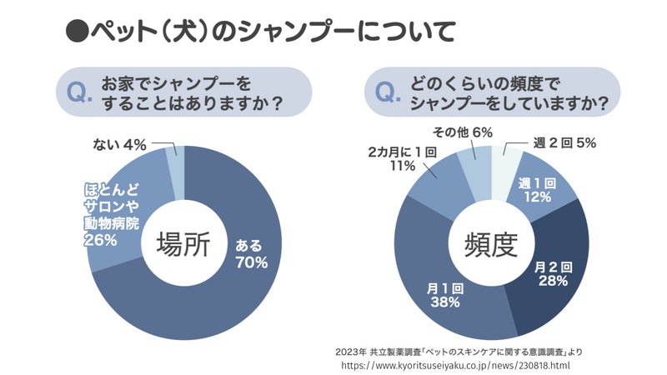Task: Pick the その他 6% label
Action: (462, 132)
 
